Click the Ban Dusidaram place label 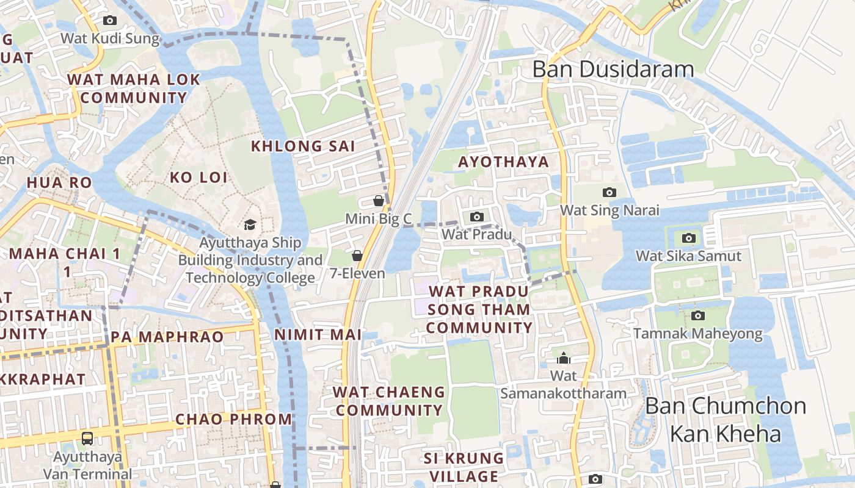[x=613, y=69]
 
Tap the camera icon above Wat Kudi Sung [x=110, y=20]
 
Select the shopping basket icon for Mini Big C [x=379, y=201]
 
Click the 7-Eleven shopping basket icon [x=357, y=256]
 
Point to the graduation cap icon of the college [x=250, y=225]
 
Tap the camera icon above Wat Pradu [x=477, y=217]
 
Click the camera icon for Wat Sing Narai [x=609, y=193]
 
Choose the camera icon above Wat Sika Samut [x=689, y=238]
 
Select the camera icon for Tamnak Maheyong [x=697, y=315]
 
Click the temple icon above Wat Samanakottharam [x=564, y=358]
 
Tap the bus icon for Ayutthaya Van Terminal [x=87, y=438]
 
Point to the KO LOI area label [x=198, y=178]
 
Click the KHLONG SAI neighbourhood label [x=303, y=146]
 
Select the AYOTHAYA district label [x=503, y=162]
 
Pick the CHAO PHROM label [x=234, y=419]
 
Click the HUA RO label [x=59, y=182]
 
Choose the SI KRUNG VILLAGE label [x=464, y=467]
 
